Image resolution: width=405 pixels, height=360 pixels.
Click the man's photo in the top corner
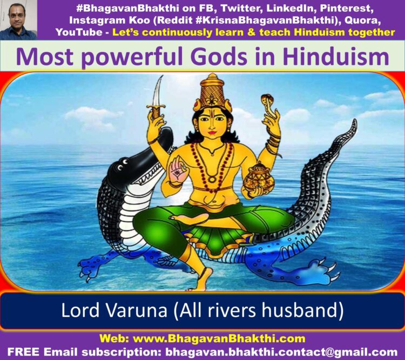click(x=18, y=20)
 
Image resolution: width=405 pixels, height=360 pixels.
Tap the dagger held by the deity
click(x=158, y=98)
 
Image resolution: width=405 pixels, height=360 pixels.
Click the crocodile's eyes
click(x=123, y=165)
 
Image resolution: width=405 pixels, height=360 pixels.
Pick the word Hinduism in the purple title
click(x=336, y=57)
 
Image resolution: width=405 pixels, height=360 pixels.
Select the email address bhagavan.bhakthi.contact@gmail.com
click(x=281, y=352)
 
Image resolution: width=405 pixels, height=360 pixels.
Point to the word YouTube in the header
click(x=79, y=32)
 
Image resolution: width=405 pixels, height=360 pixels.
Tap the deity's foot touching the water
click(x=205, y=279)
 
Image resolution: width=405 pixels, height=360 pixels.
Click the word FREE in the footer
click(x=23, y=352)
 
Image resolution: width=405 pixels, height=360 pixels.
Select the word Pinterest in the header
click(x=347, y=8)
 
